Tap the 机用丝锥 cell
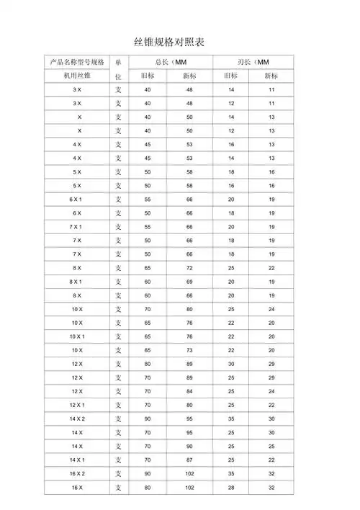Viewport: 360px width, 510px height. [x=77, y=76]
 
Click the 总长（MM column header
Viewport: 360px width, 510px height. [x=171, y=62]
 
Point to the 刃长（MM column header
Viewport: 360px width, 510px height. [x=253, y=62]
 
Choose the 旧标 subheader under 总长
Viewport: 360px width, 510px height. [x=148, y=76]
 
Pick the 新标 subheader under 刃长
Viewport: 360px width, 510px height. [x=271, y=76]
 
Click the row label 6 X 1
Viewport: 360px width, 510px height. [x=77, y=199]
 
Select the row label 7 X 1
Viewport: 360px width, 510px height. [x=77, y=226]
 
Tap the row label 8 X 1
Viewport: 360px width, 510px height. [x=77, y=282]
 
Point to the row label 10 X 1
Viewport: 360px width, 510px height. [x=77, y=336]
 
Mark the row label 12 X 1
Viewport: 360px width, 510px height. [x=77, y=405]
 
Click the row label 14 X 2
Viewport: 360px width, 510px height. [x=77, y=419]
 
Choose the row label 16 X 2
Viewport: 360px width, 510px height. [x=77, y=474]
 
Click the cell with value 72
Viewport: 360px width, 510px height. [x=190, y=268]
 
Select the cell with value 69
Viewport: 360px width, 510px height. [x=190, y=282]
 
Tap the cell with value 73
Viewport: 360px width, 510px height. [x=190, y=350]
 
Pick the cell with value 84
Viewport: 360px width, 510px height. [x=190, y=391]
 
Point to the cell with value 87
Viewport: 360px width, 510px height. [x=190, y=460]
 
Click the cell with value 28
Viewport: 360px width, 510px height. [x=231, y=488]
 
